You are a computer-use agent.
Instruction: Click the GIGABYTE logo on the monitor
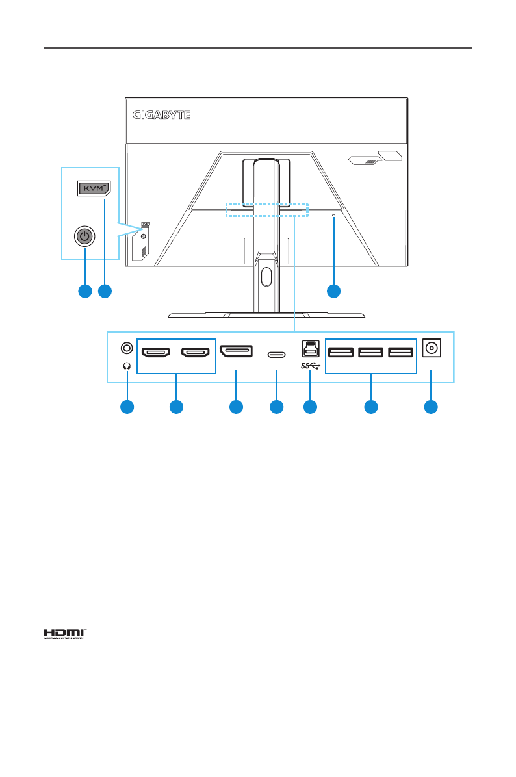162,116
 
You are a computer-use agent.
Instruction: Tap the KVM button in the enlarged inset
94,188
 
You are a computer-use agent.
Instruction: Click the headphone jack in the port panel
127,349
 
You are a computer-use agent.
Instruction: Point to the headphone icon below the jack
127,366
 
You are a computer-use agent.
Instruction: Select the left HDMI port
156,353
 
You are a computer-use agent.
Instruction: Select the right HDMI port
196,353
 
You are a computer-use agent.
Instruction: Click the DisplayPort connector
236,353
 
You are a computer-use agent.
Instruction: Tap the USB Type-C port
277,355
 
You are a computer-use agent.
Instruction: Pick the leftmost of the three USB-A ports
341,353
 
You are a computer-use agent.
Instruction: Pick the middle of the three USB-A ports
370,353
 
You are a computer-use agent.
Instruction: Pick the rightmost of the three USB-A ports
400,353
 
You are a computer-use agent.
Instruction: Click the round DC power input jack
430,349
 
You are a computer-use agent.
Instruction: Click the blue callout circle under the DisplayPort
236,407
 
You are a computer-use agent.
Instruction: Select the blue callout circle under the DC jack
430,407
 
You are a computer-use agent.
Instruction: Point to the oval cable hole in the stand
264,274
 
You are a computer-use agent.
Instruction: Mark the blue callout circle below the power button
83,291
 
